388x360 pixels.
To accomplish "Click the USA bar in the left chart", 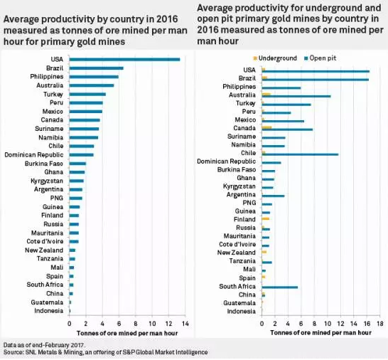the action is [125, 60].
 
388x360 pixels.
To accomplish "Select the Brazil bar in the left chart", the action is [97, 68].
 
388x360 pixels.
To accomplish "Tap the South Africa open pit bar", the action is [280, 287].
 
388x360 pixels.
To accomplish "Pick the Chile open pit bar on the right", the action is [300, 154].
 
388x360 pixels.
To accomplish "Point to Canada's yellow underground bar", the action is [266, 127].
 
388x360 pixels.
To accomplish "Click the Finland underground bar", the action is [266, 219].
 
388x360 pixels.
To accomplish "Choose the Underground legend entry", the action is [275, 58].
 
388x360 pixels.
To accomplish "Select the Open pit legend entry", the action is [320, 58].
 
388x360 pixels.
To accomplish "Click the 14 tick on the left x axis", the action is [185, 324].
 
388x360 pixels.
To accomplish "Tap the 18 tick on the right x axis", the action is [380, 324].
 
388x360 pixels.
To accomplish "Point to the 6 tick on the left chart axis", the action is [119, 324].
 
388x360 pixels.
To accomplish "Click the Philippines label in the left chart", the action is [47, 77].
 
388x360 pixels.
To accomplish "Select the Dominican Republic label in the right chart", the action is [226, 162].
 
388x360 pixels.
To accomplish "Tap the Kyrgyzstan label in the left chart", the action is [47, 181].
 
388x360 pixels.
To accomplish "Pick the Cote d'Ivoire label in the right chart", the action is [237, 244].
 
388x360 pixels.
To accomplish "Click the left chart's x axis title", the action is [127, 333].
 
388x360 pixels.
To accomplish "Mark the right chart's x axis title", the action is [320, 333].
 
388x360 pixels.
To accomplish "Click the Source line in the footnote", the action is [105, 352].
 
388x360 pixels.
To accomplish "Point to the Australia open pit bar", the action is [296, 96].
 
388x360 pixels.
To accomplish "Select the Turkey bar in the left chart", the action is [87, 95].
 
